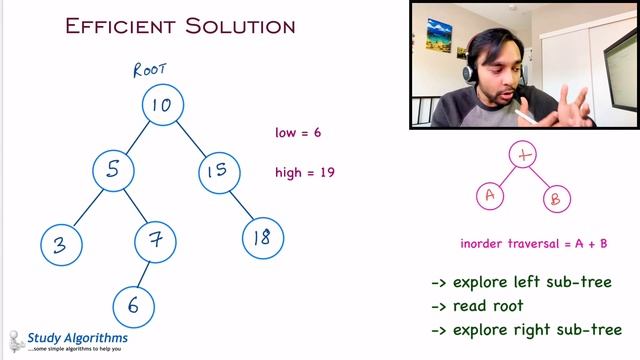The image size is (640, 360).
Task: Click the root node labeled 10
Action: [x=162, y=105]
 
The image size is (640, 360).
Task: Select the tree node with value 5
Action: [x=114, y=171]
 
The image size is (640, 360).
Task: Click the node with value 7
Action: [x=156, y=240]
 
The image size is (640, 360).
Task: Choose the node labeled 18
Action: [x=263, y=238]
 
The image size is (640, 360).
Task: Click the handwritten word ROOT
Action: [x=150, y=70]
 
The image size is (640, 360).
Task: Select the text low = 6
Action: [x=298, y=132]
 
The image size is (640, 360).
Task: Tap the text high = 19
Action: [x=304, y=172]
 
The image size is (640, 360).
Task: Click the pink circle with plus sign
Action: [x=524, y=155]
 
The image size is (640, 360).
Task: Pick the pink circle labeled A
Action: [x=490, y=195]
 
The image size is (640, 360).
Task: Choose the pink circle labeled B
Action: [x=557, y=198]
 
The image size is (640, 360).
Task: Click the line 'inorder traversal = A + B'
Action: [x=534, y=243]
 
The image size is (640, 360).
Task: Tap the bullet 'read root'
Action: [x=477, y=306]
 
